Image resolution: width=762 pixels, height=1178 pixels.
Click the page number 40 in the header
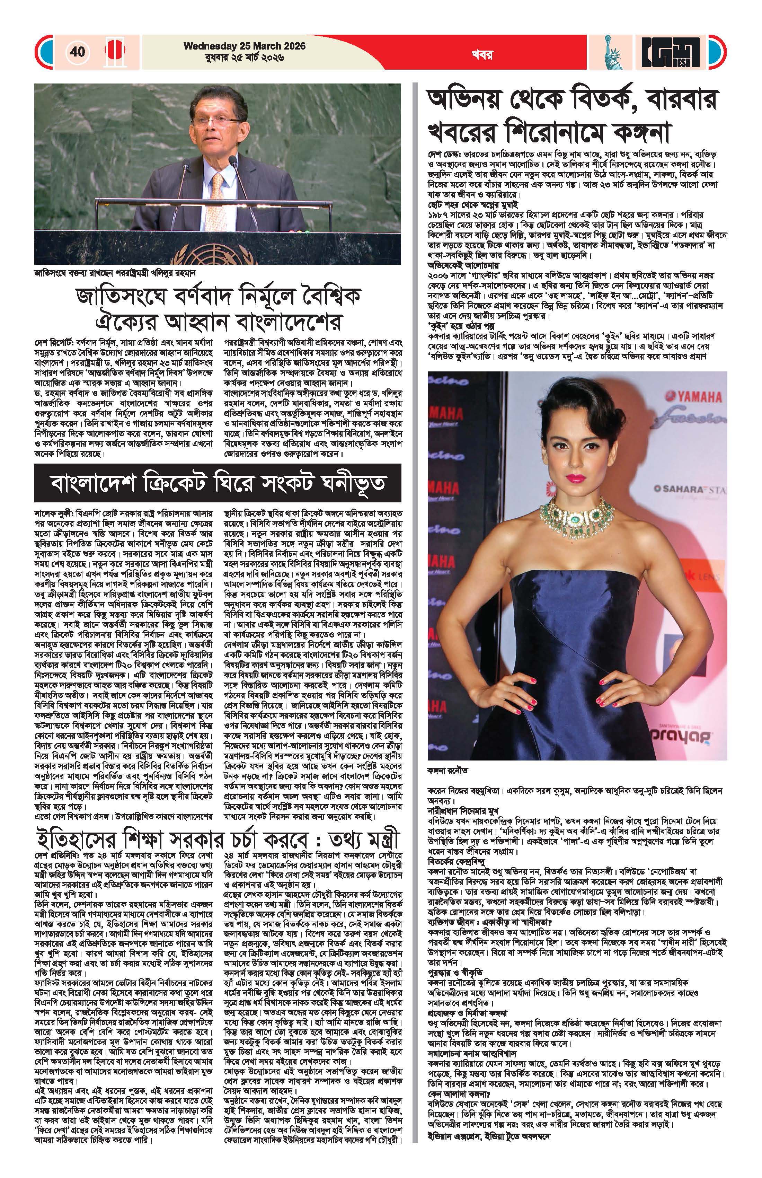(78, 52)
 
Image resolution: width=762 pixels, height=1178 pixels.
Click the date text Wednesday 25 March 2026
(245, 46)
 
